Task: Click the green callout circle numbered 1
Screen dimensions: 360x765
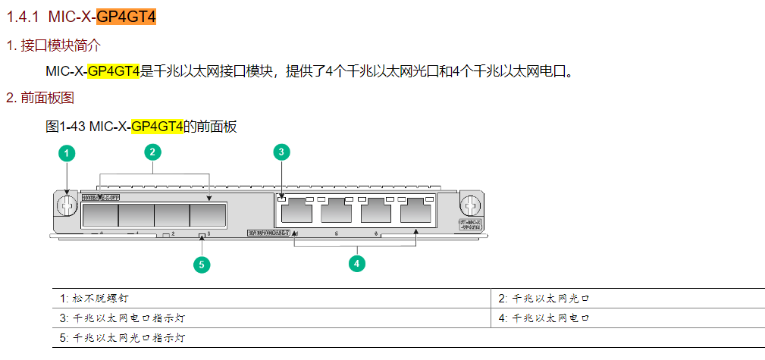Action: [67, 153]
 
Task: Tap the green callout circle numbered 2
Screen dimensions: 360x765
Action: [152, 152]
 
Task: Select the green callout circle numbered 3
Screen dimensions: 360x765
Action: [281, 152]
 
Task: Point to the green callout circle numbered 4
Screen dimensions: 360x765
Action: [356, 263]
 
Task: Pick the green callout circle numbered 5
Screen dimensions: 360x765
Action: [201, 264]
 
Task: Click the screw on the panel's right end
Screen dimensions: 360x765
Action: [470, 205]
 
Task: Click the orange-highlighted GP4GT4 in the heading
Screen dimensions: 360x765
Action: [126, 16]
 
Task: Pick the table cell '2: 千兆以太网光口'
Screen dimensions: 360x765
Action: [544, 298]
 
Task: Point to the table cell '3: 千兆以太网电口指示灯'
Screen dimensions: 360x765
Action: [121, 318]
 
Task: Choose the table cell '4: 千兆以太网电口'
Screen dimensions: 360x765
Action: [544, 318]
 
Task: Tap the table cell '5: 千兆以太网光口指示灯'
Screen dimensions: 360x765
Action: [121, 337]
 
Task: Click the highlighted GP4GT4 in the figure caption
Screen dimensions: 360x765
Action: [157, 127]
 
